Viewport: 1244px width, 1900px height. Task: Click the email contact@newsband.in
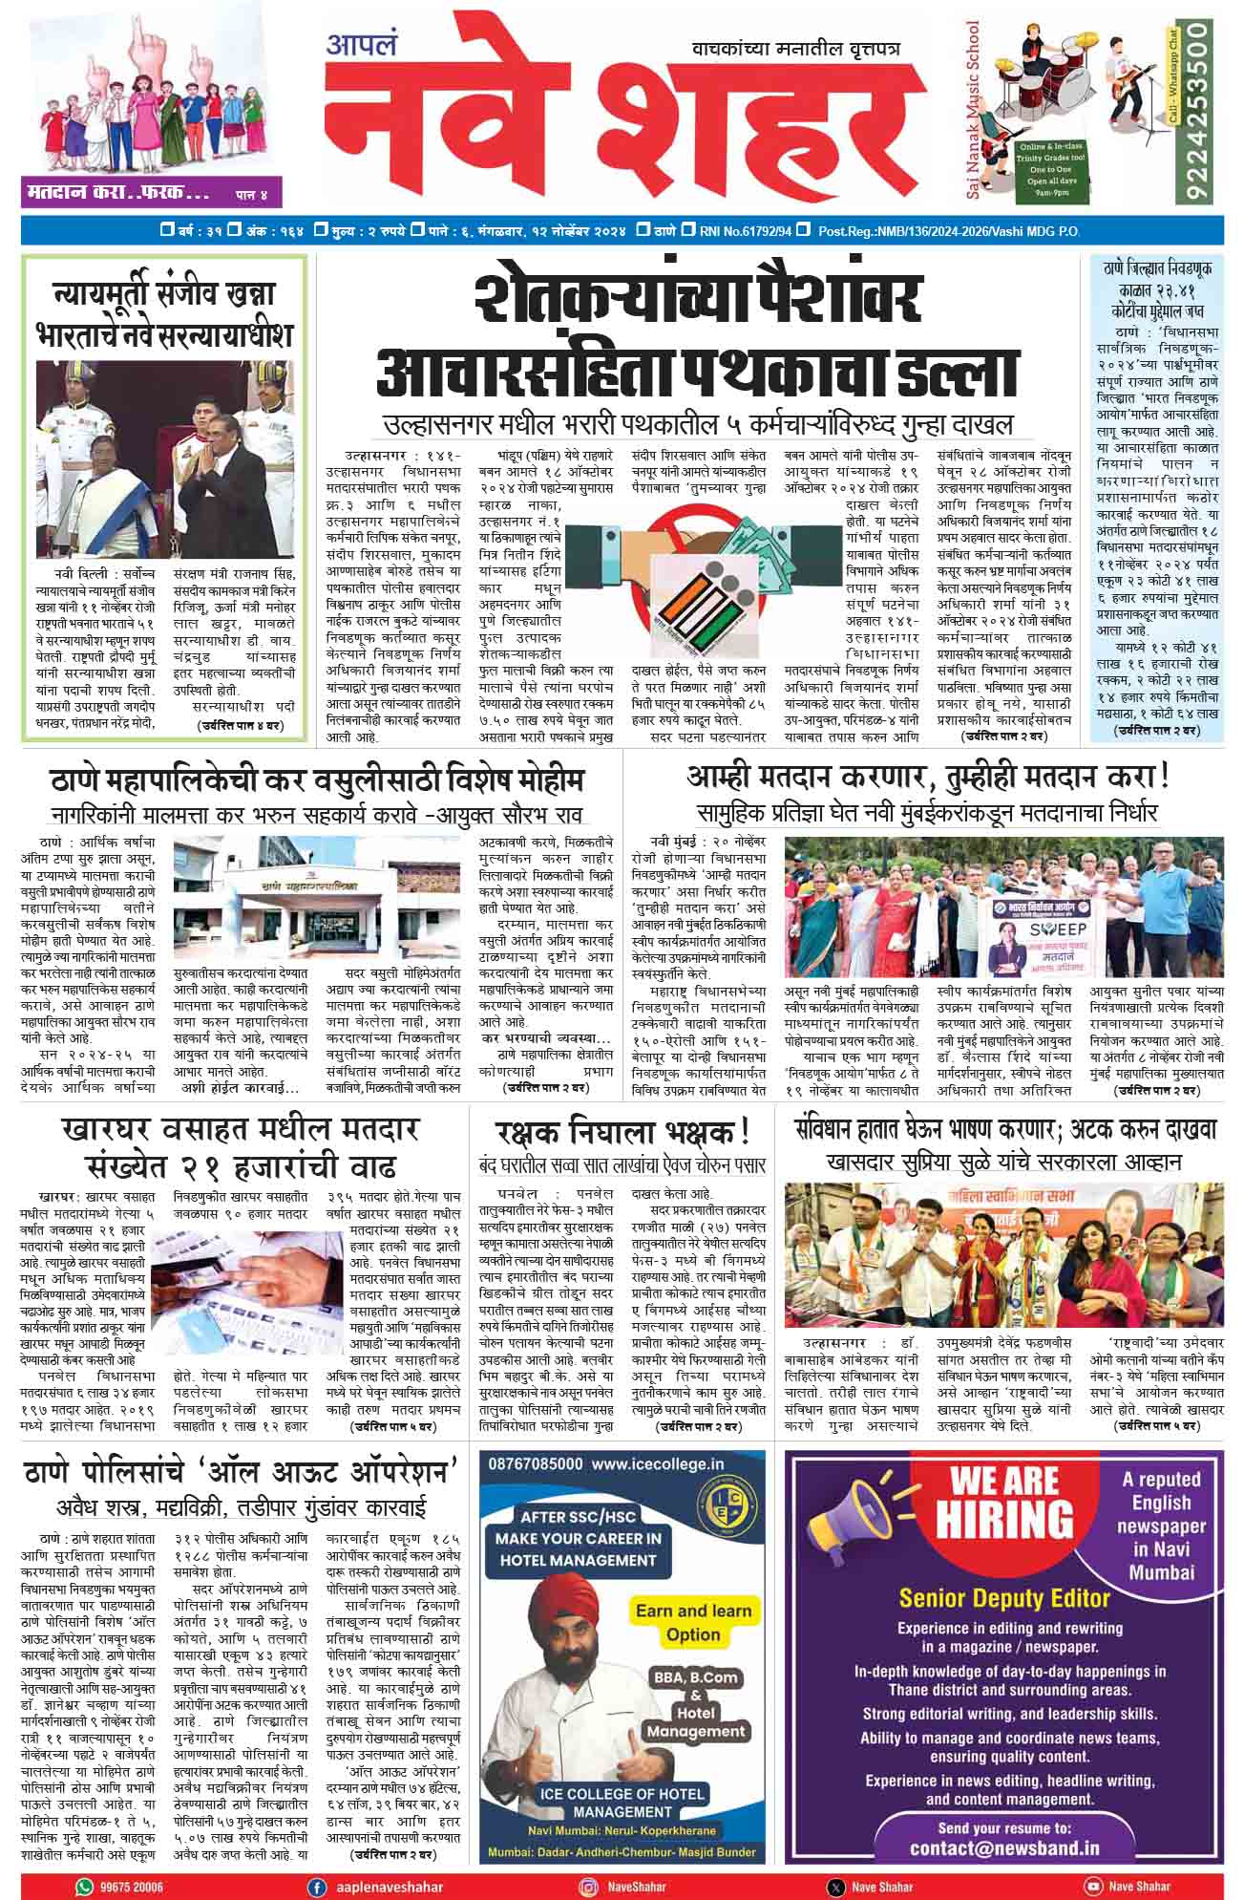tap(1004, 1847)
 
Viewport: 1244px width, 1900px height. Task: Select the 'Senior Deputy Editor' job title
tap(1004, 1598)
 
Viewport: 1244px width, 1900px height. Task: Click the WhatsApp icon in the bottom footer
tap(85, 1886)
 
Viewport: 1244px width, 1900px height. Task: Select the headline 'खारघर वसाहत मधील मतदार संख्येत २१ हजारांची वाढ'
tap(238, 1147)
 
